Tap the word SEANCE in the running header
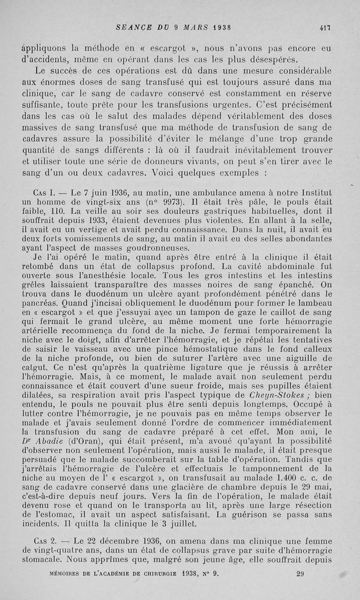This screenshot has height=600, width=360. coord(132,27)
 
